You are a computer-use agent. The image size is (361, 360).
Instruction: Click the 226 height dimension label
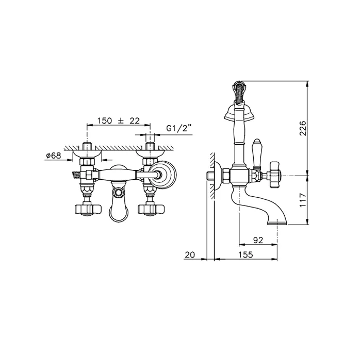pyautogui.click(x=303, y=128)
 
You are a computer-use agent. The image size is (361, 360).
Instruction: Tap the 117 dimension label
pyautogui.click(x=303, y=200)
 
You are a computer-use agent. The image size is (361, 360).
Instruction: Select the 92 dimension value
pyautogui.click(x=258, y=240)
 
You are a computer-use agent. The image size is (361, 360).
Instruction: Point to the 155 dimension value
pyautogui.click(x=245, y=254)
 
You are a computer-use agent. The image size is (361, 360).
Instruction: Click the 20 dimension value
pyautogui.click(x=190, y=254)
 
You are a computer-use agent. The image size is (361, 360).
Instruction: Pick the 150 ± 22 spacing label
pyautogui.click(x=118, y=121)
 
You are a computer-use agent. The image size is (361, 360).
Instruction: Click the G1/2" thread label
pyautogui.click(x=179, y=128)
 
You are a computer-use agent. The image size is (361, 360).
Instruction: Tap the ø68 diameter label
pyautogui.click(x=54, y=156)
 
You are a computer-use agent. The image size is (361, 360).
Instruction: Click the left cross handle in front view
pyautogui.click(x=88, y=210)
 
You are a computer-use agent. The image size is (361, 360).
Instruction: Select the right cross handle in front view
pyautogui.click(x=151, y=210)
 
